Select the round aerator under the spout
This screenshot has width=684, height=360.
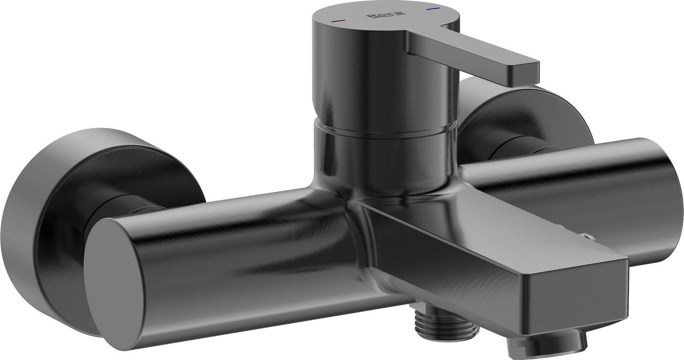pos(533,342)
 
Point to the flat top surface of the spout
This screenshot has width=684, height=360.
pos(489,230)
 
